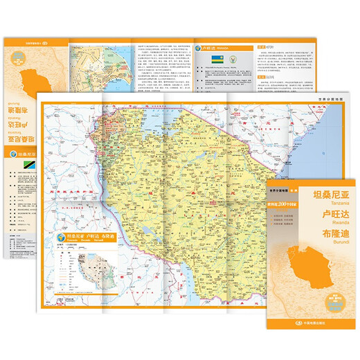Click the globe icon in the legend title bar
coord(57,242)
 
